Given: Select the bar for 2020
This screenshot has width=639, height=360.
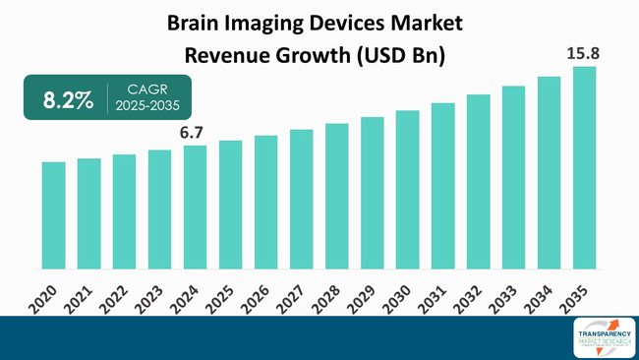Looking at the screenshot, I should (x=53, y=214).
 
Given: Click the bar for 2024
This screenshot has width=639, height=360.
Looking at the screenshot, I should (x=195, y=207).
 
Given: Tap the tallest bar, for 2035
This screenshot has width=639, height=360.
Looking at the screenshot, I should (x=584, y=167).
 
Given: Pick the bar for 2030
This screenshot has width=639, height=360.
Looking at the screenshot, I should (x=407, y=189).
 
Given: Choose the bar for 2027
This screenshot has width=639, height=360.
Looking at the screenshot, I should (x=301, y=199).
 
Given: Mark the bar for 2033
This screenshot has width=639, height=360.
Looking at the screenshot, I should (x=513, y=177).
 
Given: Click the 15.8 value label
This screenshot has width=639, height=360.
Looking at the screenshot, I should (x=584, y=51).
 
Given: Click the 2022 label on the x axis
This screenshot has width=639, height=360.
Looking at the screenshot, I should (x=119, y=298).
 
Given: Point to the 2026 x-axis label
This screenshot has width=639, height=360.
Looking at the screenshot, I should (x=261, y=298).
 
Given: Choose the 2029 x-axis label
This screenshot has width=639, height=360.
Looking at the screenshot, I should (x=367, y=298).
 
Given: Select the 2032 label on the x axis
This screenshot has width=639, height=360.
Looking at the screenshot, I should (x=473, y=298).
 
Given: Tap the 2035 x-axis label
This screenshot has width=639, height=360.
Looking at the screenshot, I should (x=579, y=298).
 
